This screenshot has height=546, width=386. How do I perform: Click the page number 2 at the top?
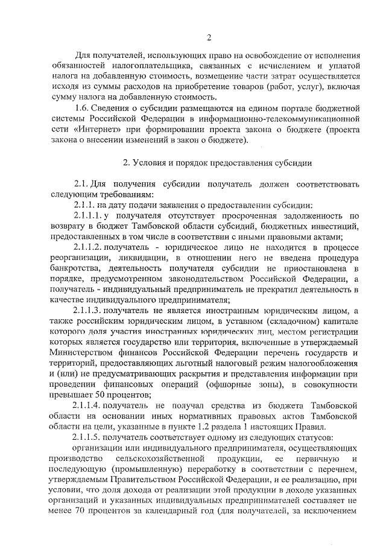208,37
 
